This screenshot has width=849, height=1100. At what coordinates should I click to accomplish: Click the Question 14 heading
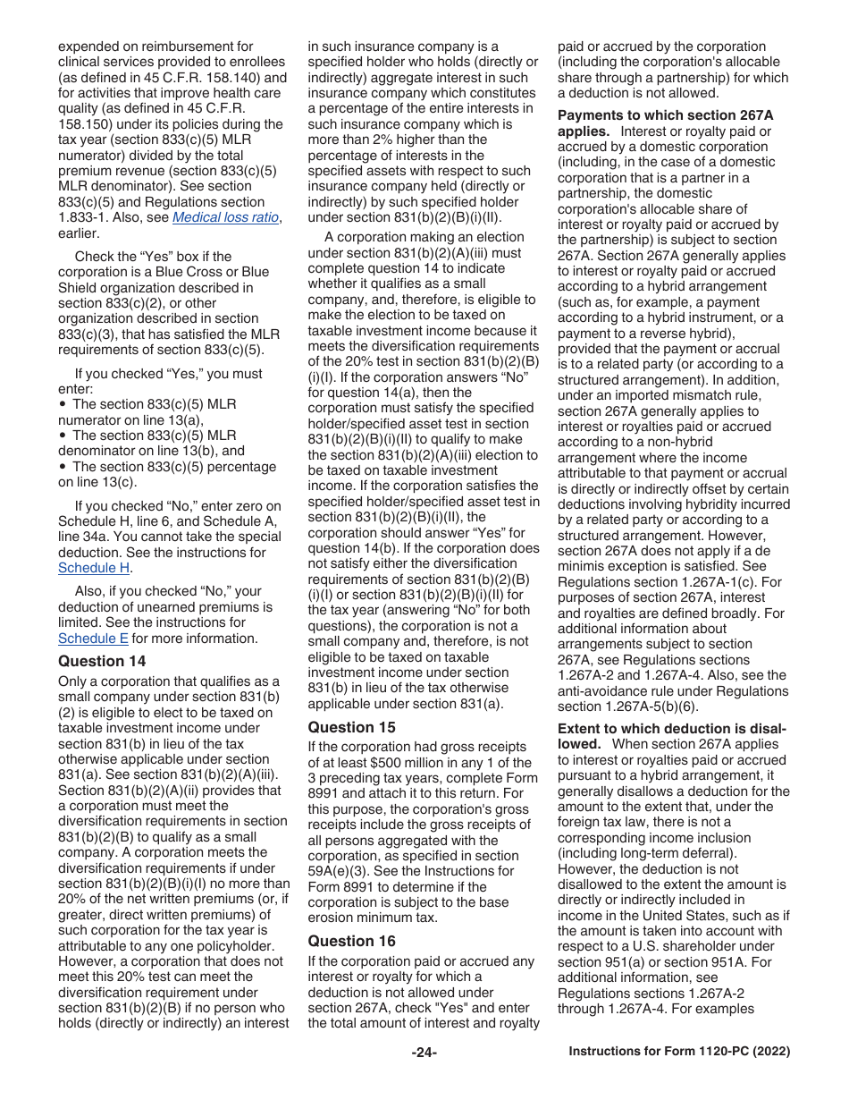click(x=103, y=661)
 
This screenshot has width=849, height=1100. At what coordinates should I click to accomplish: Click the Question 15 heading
click(x=352, y=727)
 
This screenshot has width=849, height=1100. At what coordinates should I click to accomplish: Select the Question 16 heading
click(x=352, y=941)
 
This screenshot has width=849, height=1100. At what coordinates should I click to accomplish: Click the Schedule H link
click(x=94, y=568)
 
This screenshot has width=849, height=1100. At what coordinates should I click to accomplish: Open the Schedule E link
click(x=93, y=639)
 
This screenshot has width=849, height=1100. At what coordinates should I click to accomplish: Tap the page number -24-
click(x=424, y=1053)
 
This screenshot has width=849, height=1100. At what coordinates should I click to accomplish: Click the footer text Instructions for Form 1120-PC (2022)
click(x=679, y=1053)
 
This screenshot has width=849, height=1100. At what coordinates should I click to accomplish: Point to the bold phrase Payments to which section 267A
click(x=666, y=115)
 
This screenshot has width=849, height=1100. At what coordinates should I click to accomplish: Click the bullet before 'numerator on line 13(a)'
click(x=63, y=404)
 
